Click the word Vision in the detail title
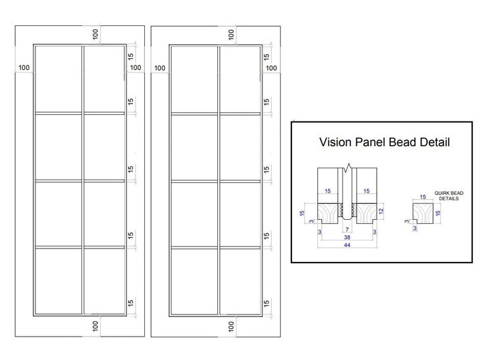pos(335,142)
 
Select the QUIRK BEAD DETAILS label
pos(449,196)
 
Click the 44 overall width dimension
pos(347,245)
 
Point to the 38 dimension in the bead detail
pos(347,237)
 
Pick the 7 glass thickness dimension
pos(347,229)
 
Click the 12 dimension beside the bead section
pos(381,211)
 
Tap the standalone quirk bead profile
pos(423,214)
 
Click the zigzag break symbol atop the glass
pos(347,168)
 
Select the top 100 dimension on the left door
pos(96,34)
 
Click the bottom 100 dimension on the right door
pos(231,327)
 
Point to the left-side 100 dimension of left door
pos(24,67)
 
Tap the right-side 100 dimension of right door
pos(271,67)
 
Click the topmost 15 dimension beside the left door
pos(131,56)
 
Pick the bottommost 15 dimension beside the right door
pos(267,303)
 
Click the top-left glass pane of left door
pos(59,79)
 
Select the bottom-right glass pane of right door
pos(240,281)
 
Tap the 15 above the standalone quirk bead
pos(423,197)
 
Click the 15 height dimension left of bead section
pos(302,213)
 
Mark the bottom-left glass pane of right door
pos(194,281)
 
